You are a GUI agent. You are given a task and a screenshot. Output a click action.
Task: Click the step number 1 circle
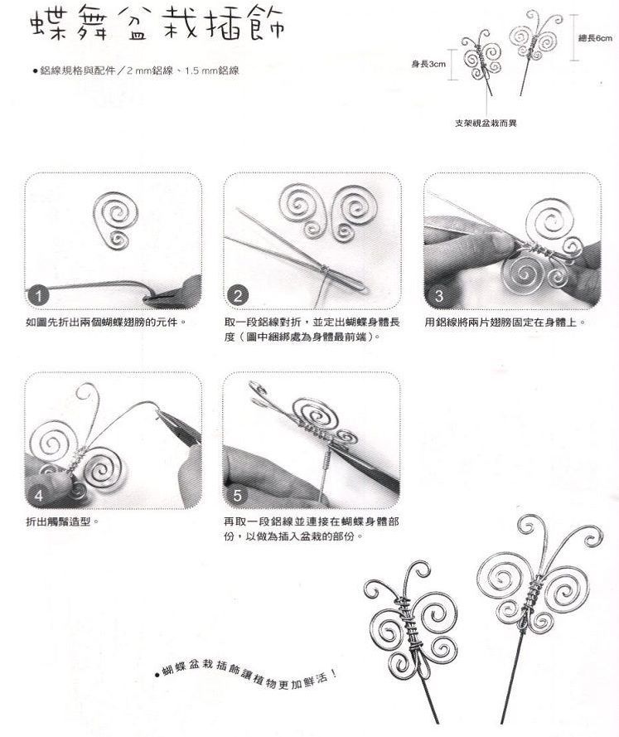38,296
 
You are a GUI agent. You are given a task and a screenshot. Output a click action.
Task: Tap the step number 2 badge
238,296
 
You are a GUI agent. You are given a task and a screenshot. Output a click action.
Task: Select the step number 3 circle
438,296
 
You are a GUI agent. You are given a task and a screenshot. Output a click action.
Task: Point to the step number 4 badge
38,496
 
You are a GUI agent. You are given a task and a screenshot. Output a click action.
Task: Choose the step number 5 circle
238,496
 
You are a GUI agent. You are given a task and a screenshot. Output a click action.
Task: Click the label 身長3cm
428,64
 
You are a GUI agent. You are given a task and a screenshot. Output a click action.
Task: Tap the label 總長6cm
595,38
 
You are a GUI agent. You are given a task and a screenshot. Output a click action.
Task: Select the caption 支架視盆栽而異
486,124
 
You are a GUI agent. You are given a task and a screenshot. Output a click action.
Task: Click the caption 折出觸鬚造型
62,521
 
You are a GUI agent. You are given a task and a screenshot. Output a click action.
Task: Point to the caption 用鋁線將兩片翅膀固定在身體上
505,322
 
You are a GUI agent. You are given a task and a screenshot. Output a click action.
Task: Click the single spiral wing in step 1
116,220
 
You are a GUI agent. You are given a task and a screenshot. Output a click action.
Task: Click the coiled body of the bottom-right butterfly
530,601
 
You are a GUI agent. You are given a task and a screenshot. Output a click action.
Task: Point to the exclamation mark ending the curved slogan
333,673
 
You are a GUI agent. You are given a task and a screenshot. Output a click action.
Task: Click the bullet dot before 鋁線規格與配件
36,71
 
